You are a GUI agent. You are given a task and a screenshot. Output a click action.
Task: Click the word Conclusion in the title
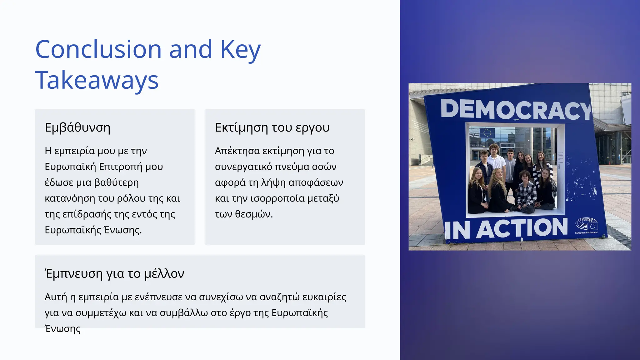click(98, 49)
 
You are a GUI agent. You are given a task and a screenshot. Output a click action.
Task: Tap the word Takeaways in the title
click(97, 80)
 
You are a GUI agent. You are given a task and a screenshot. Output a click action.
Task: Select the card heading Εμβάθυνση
click(77, 127)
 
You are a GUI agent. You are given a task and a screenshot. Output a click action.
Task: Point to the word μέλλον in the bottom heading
click(164, 273)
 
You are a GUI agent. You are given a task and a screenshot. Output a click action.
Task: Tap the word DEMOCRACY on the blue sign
click(516, 109)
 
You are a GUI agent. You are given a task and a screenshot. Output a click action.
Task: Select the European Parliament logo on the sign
click(587, 226)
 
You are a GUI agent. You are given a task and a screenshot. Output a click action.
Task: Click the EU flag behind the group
click(487, 132)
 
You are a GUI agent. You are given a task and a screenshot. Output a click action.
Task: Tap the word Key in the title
click(240, 49)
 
